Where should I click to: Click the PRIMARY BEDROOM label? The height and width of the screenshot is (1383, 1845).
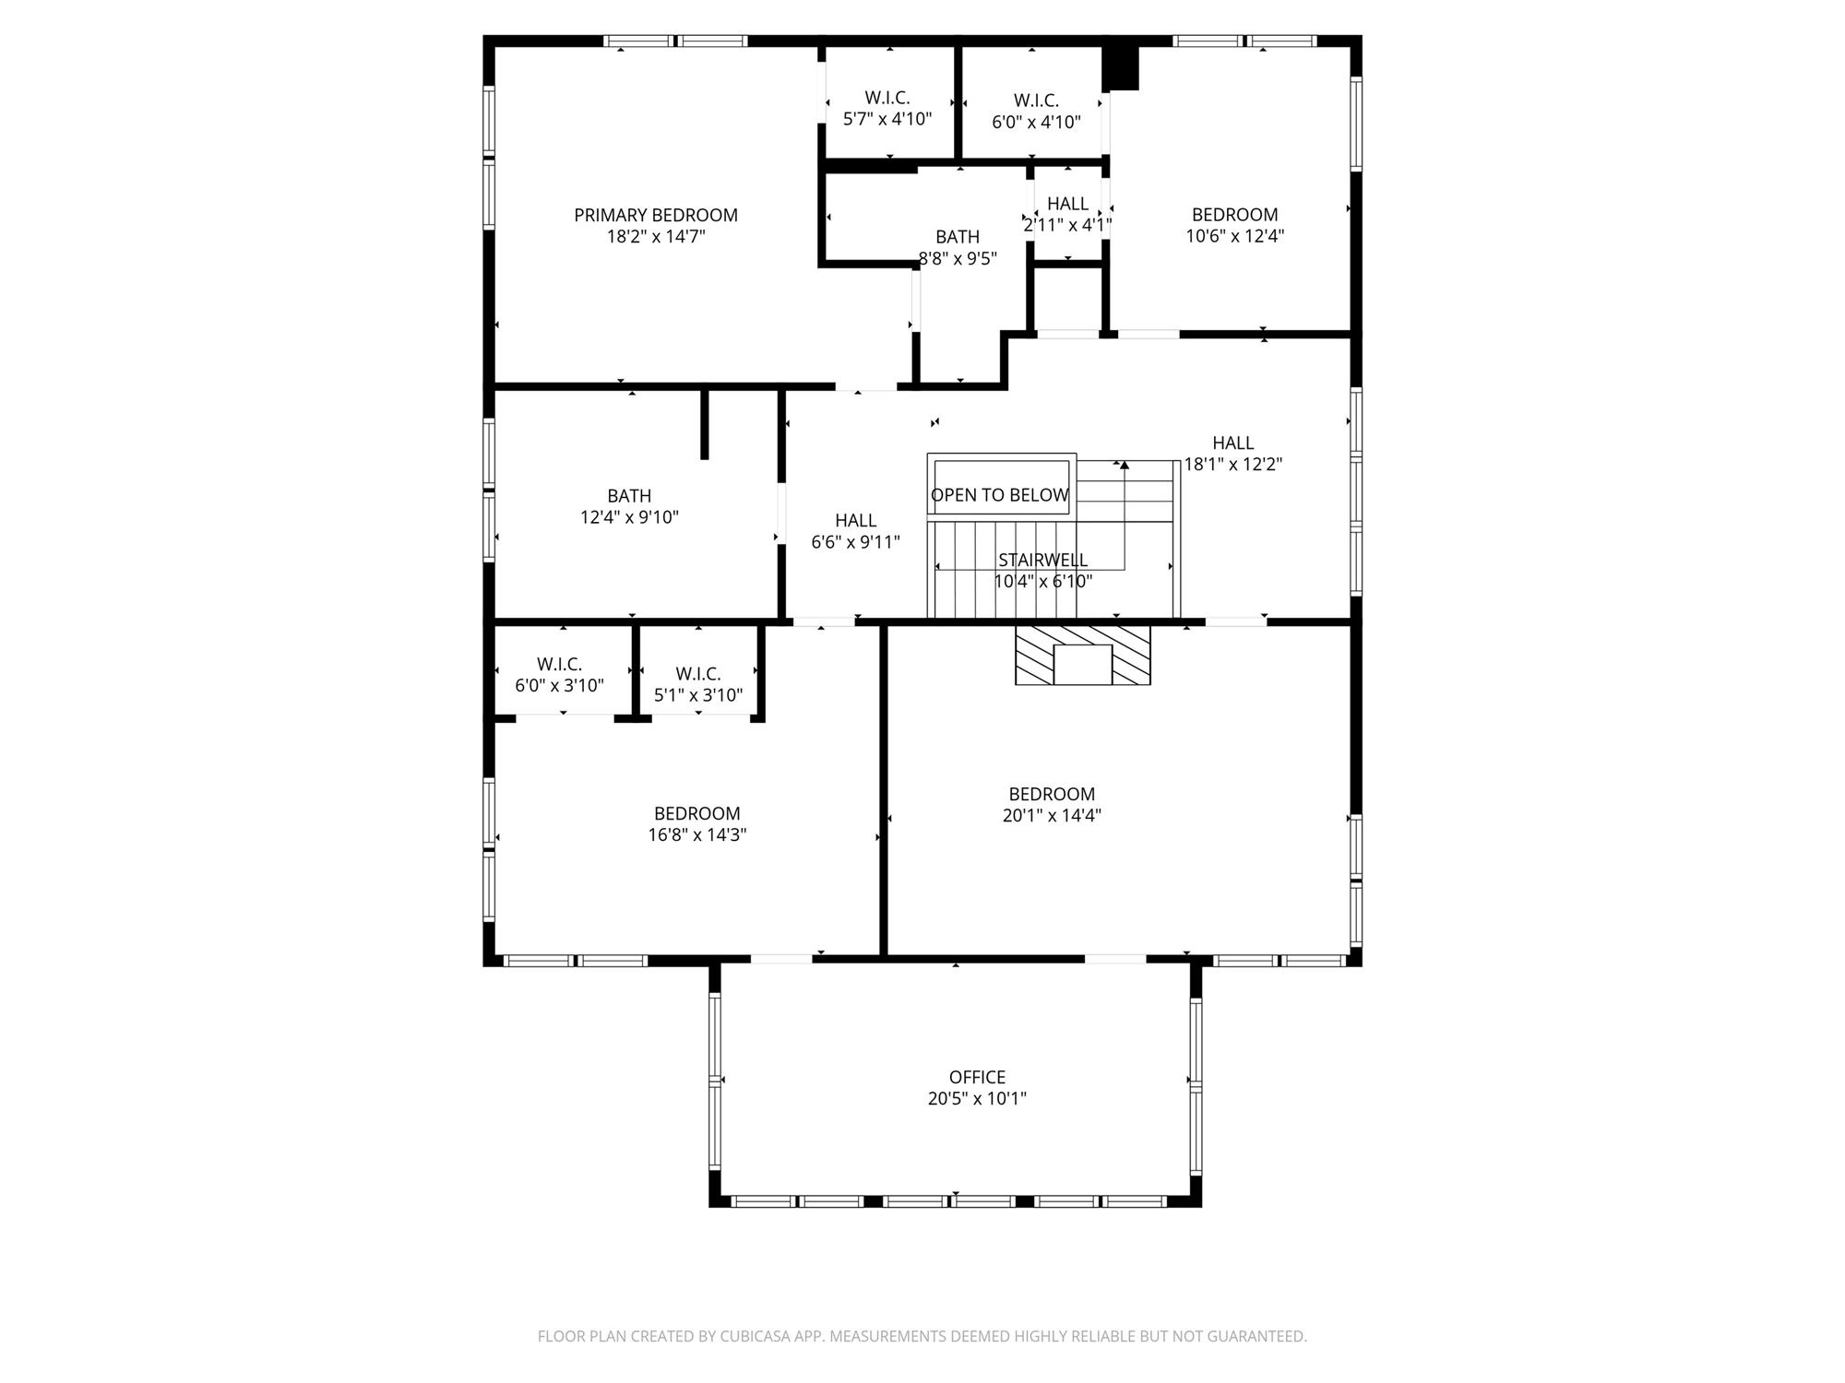[x=656, y=215]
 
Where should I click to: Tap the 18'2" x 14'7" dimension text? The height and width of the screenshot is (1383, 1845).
[x=656, y=237]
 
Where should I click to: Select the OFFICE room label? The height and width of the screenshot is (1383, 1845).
[x=977, y=1077]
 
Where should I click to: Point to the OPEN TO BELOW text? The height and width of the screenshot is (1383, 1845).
[x=1000, y=495]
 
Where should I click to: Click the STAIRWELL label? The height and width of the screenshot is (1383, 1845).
[x=1042, y=560]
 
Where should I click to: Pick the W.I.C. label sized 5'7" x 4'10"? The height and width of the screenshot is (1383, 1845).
[x=887, y=98]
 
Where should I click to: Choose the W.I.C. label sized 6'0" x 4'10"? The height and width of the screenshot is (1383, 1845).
[x=1036, y=100]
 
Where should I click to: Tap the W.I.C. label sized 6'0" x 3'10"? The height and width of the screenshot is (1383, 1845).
[x=559, y=664]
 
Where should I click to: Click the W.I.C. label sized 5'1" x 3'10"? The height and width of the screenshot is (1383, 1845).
[x=698, y=674]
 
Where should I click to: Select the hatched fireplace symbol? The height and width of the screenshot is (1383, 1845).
[x=1083, y=656]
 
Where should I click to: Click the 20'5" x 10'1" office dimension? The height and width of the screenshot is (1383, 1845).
[x=977, y=1099]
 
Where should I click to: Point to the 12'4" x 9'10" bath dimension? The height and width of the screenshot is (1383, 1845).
[x=629, y=517]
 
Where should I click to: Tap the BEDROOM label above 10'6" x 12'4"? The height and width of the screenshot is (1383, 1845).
[x=1234, y=215]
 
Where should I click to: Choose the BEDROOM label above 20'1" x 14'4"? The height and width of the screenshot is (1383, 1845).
[x=1052, y=794]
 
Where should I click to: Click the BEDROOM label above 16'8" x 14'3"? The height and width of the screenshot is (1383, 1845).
[x=697, y=813]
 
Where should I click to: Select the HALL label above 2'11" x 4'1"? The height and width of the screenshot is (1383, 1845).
[x=1067, y=203]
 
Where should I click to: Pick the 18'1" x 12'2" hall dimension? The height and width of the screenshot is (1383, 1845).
[x=1233, y=465]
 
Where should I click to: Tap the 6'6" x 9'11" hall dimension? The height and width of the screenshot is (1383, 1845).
[x=855, y=542]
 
